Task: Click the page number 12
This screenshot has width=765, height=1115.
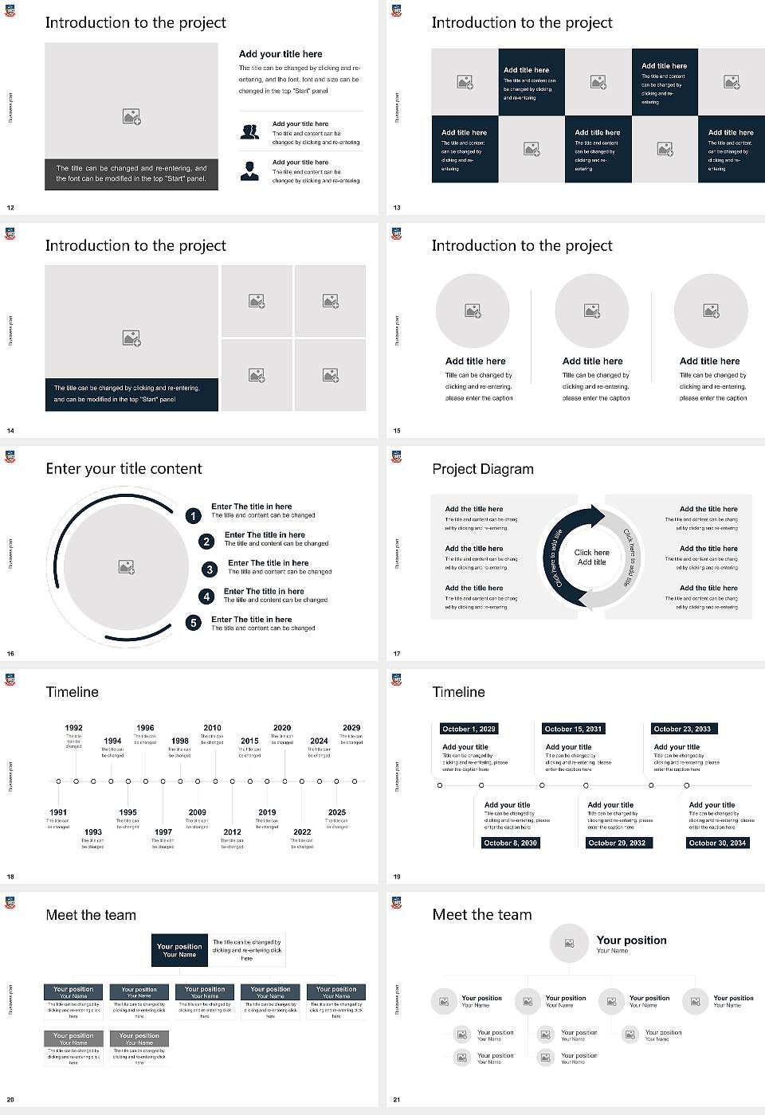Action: click(10, 208)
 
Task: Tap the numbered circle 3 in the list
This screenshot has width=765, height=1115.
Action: click(210, 569)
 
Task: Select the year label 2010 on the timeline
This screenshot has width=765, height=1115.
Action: click(212, 728)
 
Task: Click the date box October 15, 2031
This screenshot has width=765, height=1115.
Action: click(573, 729)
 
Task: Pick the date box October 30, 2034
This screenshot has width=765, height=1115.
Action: click(717, 843)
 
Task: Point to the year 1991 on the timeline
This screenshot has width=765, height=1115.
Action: click(58, 812)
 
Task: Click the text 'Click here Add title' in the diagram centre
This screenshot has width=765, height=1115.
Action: click(591, 557)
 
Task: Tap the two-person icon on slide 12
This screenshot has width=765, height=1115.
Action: click(249, 132)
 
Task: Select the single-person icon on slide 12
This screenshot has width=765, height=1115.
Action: click(249, 170)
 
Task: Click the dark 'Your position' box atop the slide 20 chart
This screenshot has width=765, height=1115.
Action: click(179, 950)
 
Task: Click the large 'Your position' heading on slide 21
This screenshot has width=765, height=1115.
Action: click(631, 941)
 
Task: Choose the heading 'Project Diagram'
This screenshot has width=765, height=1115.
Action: click(483, 469)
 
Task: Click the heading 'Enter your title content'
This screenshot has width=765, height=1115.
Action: click(124, 469)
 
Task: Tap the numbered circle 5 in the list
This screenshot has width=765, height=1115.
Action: click(194, 623)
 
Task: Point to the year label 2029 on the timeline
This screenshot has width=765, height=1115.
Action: click(351, 728)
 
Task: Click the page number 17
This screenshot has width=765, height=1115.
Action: click(397, 654)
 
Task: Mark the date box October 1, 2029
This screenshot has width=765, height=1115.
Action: click(469, 729)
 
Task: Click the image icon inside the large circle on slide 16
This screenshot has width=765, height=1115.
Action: click(126, 567)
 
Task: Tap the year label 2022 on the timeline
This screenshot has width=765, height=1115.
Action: click(302, 831)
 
